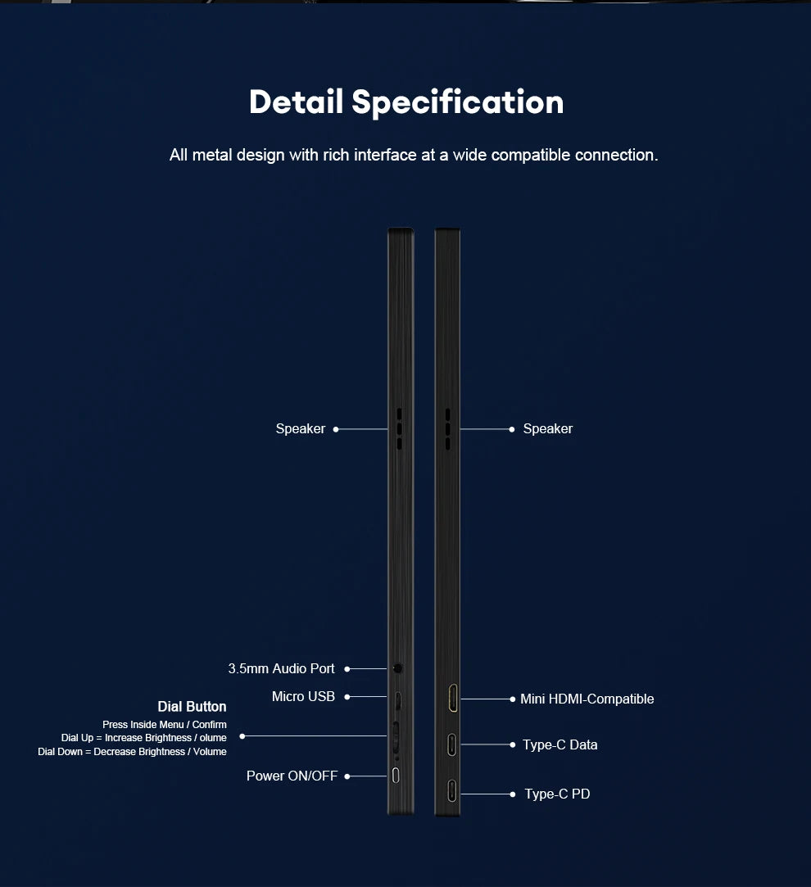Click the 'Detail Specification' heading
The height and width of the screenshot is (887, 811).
tap(406, 102)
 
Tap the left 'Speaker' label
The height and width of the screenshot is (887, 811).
tap(301, 429)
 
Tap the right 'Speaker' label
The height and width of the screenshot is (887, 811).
tap(548, 429)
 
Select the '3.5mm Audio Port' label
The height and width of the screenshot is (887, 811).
tap(281, 668)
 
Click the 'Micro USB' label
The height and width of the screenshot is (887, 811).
tap(303, 696)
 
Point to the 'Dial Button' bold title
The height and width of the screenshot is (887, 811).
tap(192, 707)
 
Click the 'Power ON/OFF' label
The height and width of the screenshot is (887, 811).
tap(292, 776)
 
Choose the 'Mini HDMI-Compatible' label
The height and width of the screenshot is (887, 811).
tap(587, 699)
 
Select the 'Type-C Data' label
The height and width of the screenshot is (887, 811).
tap(560, 744)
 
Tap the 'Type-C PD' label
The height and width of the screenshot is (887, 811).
tap(557, 794)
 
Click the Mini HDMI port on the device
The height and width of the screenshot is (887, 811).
tap(453, 698)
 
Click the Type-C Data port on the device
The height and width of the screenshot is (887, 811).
tap(451, 744)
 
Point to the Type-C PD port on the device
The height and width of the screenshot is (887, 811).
tap(451, 791)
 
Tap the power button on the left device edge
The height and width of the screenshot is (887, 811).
tap(396, 776)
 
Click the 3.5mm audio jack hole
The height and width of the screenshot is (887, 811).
tap(398, 668)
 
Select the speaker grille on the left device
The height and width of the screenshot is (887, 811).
tap(399, 429)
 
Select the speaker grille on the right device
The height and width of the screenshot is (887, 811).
tap(447, 429)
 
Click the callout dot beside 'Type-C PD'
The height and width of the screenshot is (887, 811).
tap(512, 794)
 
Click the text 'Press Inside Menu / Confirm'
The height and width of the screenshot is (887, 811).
tap(164, 725)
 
